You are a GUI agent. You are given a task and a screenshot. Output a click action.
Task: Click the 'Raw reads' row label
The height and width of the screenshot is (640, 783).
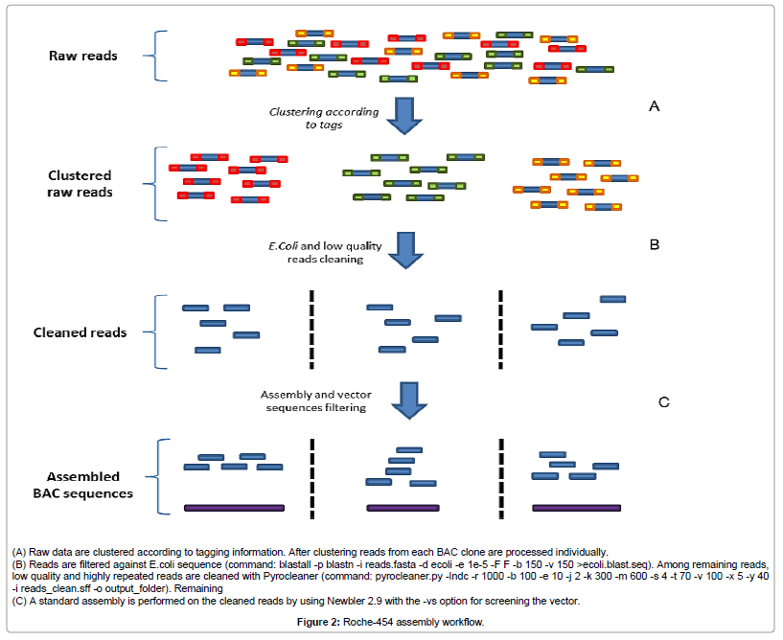tap(83, 56)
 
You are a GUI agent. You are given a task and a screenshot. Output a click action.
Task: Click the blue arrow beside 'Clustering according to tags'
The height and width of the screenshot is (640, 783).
tap(409, 115)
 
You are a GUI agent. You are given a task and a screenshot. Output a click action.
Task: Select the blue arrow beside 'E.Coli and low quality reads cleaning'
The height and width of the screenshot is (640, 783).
tap(409, 252)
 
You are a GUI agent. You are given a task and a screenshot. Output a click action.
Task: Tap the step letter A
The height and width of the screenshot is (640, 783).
tap(655, 106)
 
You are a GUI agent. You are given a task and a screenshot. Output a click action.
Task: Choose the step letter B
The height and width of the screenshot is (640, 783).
tap(655, 244)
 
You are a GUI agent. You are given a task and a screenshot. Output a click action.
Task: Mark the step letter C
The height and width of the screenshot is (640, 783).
tap(662, 402)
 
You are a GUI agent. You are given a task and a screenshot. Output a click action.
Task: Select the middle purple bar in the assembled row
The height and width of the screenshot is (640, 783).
tap(403, 507)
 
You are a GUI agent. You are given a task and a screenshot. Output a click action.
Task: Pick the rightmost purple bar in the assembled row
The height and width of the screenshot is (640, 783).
tap(569, 507)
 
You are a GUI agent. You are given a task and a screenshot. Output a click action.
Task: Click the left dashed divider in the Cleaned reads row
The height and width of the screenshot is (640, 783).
tap(311, 328)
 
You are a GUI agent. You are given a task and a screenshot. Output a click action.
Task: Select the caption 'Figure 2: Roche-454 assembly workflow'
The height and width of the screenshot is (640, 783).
tap(391, 622)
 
